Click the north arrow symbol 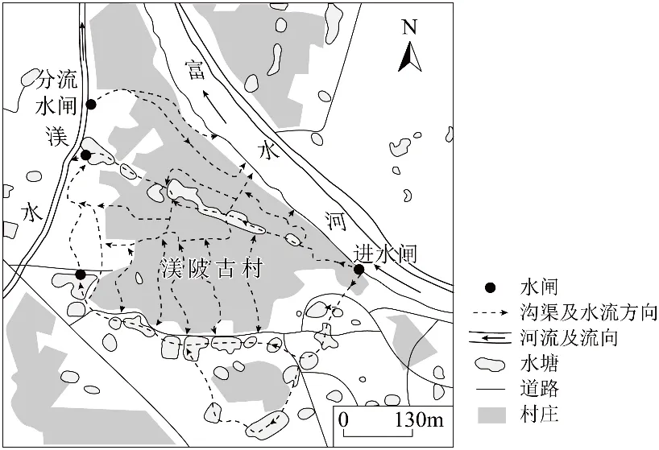pos(410,55)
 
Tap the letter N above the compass pos(410,27)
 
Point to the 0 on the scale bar pos(344,420)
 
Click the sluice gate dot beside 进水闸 pos(359,270)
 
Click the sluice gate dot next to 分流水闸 pos(91,105)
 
